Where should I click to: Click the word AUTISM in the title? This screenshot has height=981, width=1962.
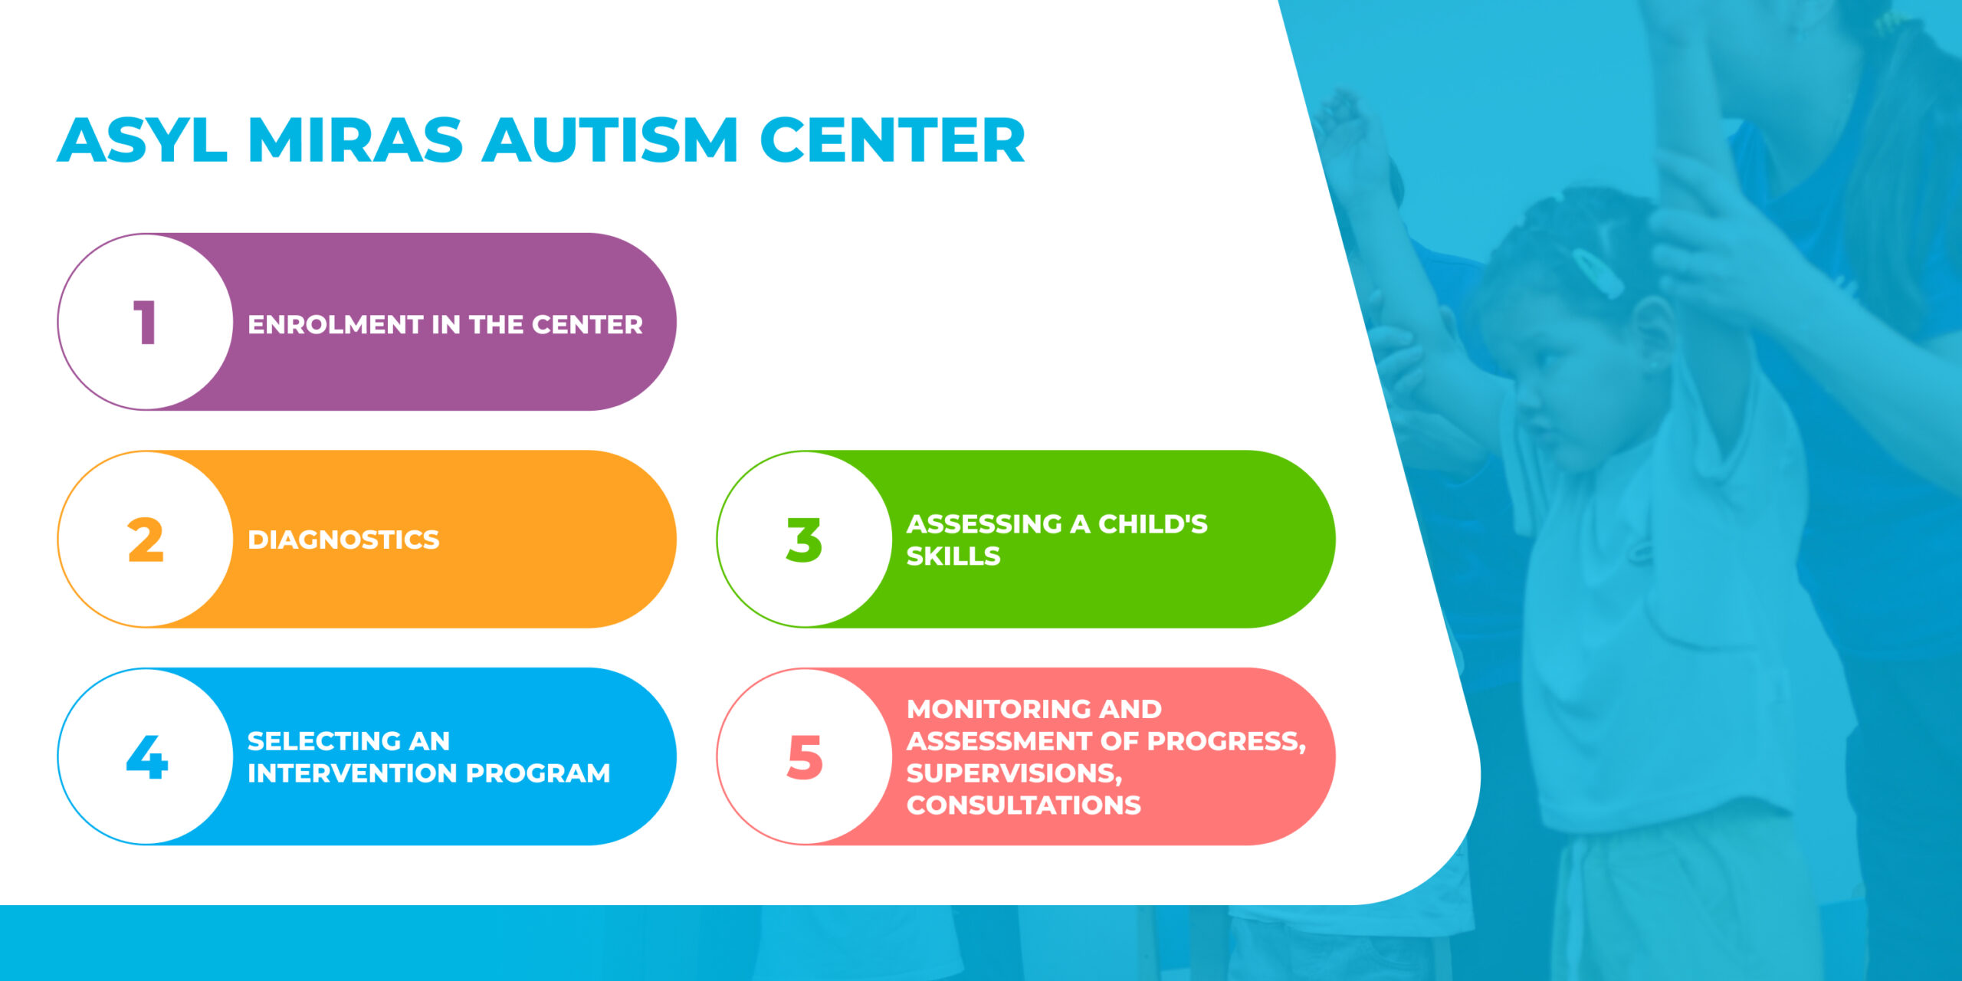pos(610,140)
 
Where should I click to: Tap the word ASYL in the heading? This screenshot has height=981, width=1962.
pos(142,140)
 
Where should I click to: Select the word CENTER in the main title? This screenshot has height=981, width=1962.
pos(892,140)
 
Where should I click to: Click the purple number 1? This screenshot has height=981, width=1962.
pos(145,323)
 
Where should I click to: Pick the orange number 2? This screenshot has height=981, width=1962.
pos(146,540)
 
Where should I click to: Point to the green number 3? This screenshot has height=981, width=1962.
pos(804,540)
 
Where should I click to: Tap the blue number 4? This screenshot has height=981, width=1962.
pos(146,756)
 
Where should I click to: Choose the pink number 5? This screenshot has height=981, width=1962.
pos(805,757)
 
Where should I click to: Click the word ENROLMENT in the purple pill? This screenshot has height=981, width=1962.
pos(336,325)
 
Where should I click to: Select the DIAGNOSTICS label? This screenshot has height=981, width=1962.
pos(343,540)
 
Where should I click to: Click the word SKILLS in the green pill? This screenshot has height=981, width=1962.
pos(953,556)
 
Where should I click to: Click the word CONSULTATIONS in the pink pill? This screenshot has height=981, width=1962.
pos(1024,805)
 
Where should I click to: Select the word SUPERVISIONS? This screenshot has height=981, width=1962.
pos(1015,774)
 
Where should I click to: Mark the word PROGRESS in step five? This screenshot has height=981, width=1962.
pos(1226,742)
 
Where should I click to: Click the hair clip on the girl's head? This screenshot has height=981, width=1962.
pos(1597,272)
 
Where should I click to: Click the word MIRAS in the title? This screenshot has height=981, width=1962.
pos(356,140)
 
